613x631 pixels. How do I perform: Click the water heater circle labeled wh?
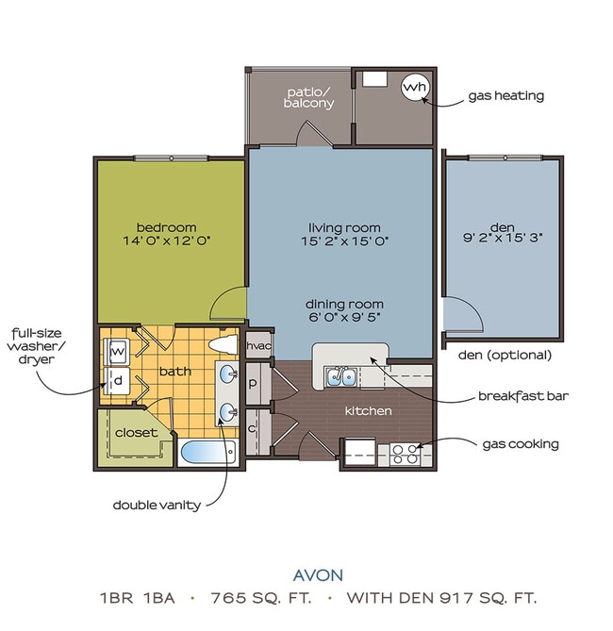(415, 88)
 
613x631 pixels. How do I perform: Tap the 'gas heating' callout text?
(505, 96)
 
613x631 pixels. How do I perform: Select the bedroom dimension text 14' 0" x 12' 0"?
(166, 241)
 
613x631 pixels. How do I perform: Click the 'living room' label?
(343, 227)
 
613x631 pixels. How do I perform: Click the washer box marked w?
(118, 352)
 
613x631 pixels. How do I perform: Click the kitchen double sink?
(340, 377)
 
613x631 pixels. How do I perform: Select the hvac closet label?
(258, 346)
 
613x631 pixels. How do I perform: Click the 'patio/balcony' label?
(309, 97)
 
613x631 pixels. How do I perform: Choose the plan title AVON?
(317, 573)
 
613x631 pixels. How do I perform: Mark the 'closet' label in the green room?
(136, 433)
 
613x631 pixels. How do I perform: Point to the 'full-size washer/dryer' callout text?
(38, 346)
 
